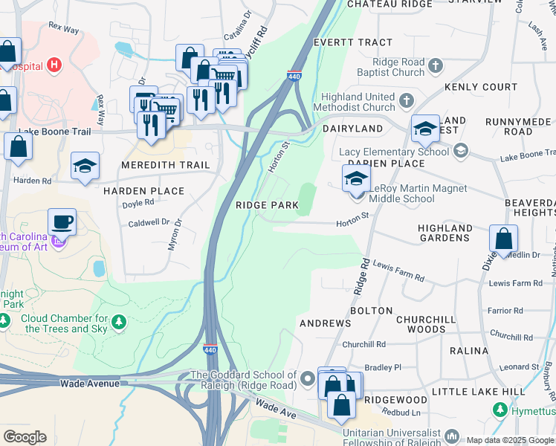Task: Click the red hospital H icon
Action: point(54,65)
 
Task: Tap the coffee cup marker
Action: point(62,222)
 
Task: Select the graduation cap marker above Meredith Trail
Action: point(85,166)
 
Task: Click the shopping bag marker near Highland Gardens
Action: point(503,239)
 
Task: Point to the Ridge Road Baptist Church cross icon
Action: point(436,66)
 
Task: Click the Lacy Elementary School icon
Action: point(461,152)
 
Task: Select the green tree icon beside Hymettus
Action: point(501,410)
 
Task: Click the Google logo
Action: point(25,437)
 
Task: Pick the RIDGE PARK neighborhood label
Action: point(267,205)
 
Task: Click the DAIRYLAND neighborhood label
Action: point(352,129)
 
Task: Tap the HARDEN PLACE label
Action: point(143,191)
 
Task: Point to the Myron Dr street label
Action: point(175,235)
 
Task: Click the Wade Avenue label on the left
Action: point(90,384)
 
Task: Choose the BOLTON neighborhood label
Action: point(371,310)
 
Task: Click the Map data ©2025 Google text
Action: point(509,440)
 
